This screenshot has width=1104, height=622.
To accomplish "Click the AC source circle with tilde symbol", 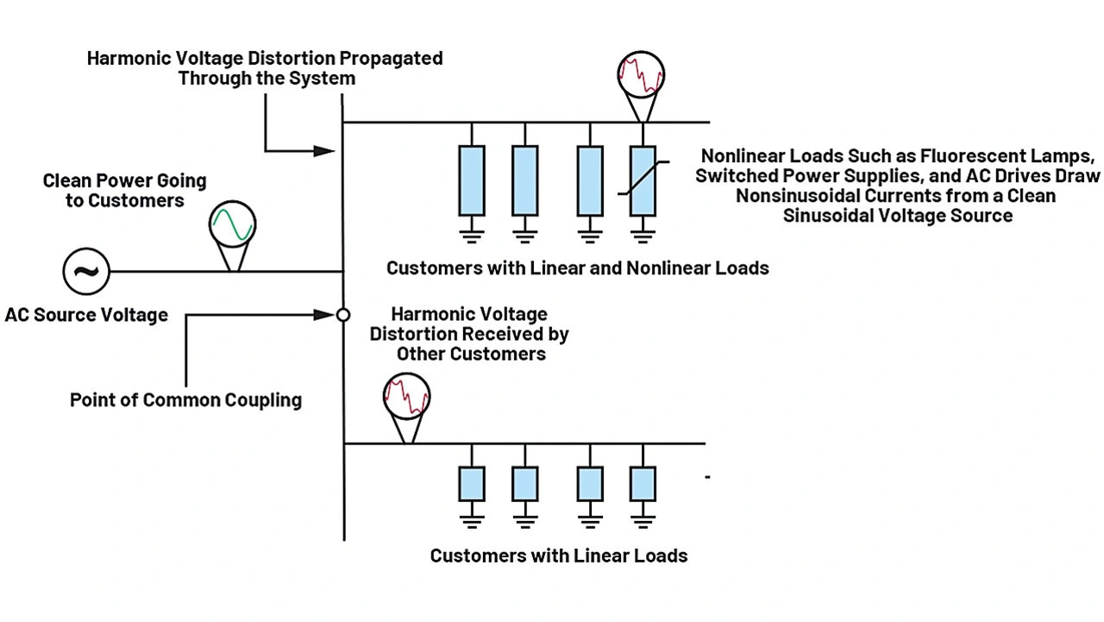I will click(x=85, y=272).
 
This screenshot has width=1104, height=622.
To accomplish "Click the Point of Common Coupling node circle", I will click(x=342, y=315).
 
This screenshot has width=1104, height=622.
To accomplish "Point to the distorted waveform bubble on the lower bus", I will click(x=406, y=397).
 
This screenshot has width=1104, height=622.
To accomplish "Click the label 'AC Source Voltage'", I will click(x=86, y=315).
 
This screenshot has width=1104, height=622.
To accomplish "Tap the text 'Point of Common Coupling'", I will click(x=185, y=400).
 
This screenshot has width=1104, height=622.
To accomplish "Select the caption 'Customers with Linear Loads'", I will click(x=559, y=556).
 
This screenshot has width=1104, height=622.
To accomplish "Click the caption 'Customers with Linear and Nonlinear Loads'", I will click(x=577, y=268).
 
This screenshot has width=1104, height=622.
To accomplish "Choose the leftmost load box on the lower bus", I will click(x=472, y=484).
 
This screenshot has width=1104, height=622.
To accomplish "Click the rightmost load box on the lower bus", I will click(x=643, y=484).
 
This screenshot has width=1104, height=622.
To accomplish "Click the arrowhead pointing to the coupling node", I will click(x=325, y=315).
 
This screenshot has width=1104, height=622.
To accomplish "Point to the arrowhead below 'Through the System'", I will click(x=324, y=151).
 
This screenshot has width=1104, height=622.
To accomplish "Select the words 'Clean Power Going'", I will click(x=125, y=182).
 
